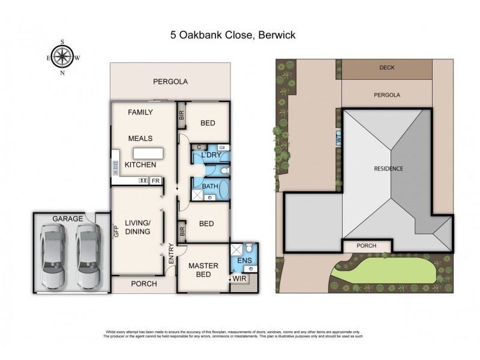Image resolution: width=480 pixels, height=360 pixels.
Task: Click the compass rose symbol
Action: (62, 57)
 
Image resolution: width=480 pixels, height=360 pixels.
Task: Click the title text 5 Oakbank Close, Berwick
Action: (232, 35)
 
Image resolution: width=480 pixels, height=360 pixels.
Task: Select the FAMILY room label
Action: (140, 112)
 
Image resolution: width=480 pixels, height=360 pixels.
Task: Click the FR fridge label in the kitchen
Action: (155, 180)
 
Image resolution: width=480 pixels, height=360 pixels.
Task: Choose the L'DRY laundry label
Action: (211, 155)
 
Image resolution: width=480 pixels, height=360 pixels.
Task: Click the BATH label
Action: (209, 187)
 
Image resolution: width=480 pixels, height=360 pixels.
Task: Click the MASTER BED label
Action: (202, 271)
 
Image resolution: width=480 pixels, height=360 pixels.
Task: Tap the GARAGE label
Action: (67, 219)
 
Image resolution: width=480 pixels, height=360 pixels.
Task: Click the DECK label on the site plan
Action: (387, 68)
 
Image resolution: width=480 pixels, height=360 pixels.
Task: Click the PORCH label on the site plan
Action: (366, 245)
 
